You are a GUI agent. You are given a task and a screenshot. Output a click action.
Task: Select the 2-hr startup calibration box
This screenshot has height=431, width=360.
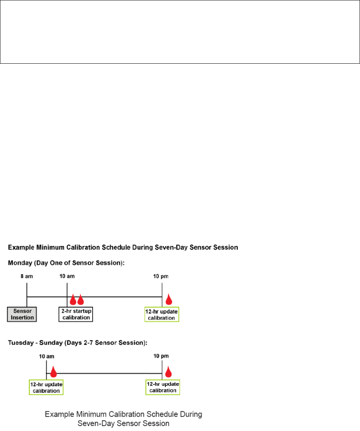(76, 314)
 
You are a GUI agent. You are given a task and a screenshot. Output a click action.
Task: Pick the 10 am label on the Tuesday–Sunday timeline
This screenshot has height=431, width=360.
(46, 356)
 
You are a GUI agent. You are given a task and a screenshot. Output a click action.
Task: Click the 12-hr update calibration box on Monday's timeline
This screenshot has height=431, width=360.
(162, 315)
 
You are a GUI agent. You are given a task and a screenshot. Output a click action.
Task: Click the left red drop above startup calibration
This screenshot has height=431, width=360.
(73, 300)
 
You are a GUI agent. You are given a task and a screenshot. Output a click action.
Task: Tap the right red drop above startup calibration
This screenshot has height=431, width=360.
(80, 300)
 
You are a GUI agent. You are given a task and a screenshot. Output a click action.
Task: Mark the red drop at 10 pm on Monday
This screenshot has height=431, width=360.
(169, 299)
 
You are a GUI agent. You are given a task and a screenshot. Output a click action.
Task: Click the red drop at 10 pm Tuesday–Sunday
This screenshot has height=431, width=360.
(169, 372)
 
